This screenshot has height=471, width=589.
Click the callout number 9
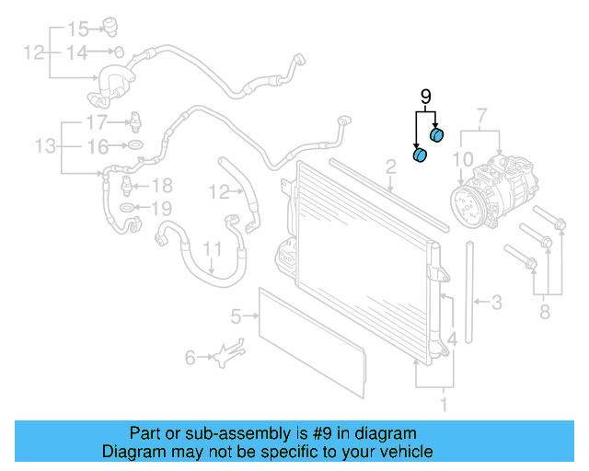425,96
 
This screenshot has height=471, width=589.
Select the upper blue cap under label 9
437,136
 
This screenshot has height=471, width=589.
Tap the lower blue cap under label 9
420,155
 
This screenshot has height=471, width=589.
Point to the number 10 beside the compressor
465,160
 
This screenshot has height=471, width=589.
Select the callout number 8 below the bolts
544,313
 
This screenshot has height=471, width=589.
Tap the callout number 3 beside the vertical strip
496,301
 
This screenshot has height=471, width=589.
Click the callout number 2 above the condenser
390,166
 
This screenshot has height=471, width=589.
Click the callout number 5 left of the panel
236,316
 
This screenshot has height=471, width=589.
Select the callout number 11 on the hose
212,249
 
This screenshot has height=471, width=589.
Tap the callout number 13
44,146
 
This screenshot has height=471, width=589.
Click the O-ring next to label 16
134,146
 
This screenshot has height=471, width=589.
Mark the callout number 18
161,185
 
